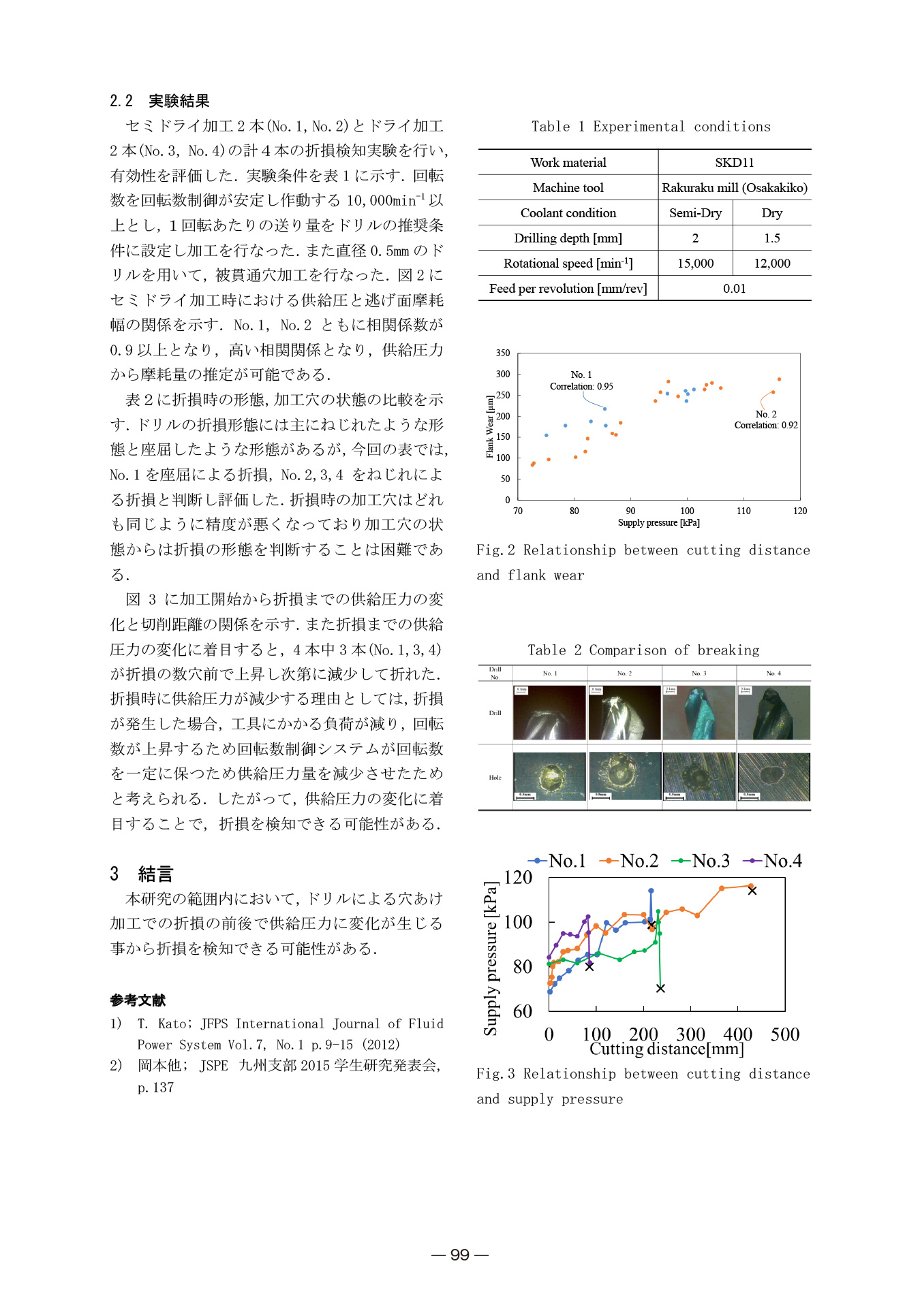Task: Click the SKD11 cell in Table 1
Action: click(734, 162)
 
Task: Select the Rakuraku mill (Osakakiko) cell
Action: click(734, 187)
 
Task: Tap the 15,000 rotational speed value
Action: click(695, 263)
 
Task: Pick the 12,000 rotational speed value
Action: click(771, 263)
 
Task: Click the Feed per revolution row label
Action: click(568, 288)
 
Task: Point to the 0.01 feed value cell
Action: click(734, 288)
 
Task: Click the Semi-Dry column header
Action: click(695, 212)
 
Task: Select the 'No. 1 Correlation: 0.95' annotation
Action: click(581, 381)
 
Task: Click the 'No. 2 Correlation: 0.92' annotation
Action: click(765, 419)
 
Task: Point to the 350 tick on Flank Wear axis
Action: click(503, 353)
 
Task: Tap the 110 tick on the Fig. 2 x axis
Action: click(743, 511)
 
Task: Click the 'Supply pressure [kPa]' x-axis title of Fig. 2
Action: click(658, 523)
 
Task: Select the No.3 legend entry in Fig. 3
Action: click(701, 861)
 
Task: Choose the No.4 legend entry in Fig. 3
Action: click(773, 861)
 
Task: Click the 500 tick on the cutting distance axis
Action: click(784, 1034)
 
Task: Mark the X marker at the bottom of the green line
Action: click(660, 988)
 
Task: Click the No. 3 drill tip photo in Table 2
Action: click(699, 712)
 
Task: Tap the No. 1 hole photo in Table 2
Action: click(549, 776)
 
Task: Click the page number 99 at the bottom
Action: click(460, 1254)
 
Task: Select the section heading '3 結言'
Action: click(142, 874)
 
